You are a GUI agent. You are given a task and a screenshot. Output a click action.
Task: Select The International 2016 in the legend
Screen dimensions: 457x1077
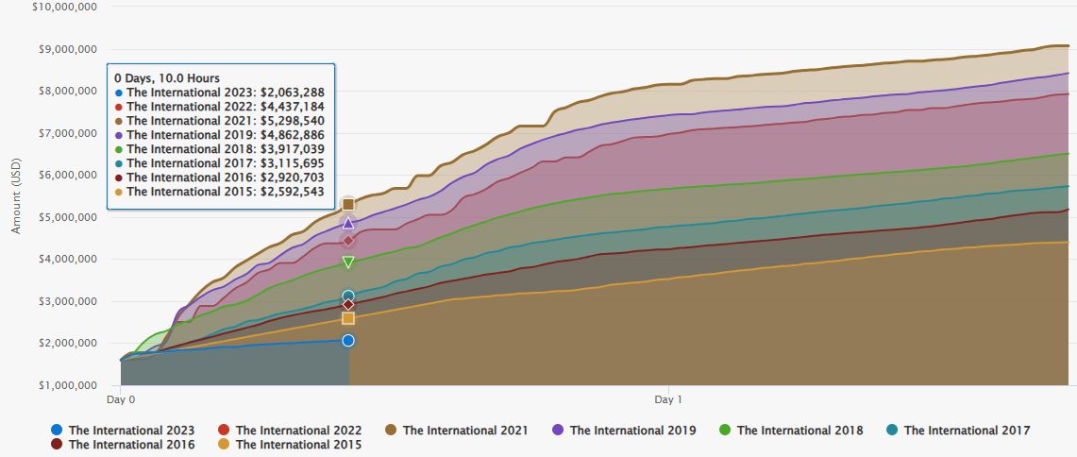(x=122, y=445)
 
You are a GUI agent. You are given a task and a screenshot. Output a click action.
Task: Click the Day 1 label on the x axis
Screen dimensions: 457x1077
(x=668, y=400)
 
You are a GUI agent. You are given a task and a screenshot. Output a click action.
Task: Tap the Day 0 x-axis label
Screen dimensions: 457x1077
(x=121, y=400)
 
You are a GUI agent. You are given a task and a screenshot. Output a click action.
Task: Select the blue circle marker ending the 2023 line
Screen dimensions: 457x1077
(x=348, y=340)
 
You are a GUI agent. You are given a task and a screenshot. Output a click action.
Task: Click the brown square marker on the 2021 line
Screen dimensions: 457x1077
(x=348, y=204)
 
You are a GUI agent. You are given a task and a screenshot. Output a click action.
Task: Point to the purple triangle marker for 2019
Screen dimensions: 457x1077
(x=348, y=224)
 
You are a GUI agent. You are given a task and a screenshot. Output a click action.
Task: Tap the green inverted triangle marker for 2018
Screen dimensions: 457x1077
(x=348, y=262)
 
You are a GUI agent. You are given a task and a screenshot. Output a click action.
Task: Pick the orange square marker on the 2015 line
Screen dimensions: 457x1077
(x=348, y=318)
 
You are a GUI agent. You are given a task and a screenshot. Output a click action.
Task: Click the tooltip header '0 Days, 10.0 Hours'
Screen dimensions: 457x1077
(x=167, y=77)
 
